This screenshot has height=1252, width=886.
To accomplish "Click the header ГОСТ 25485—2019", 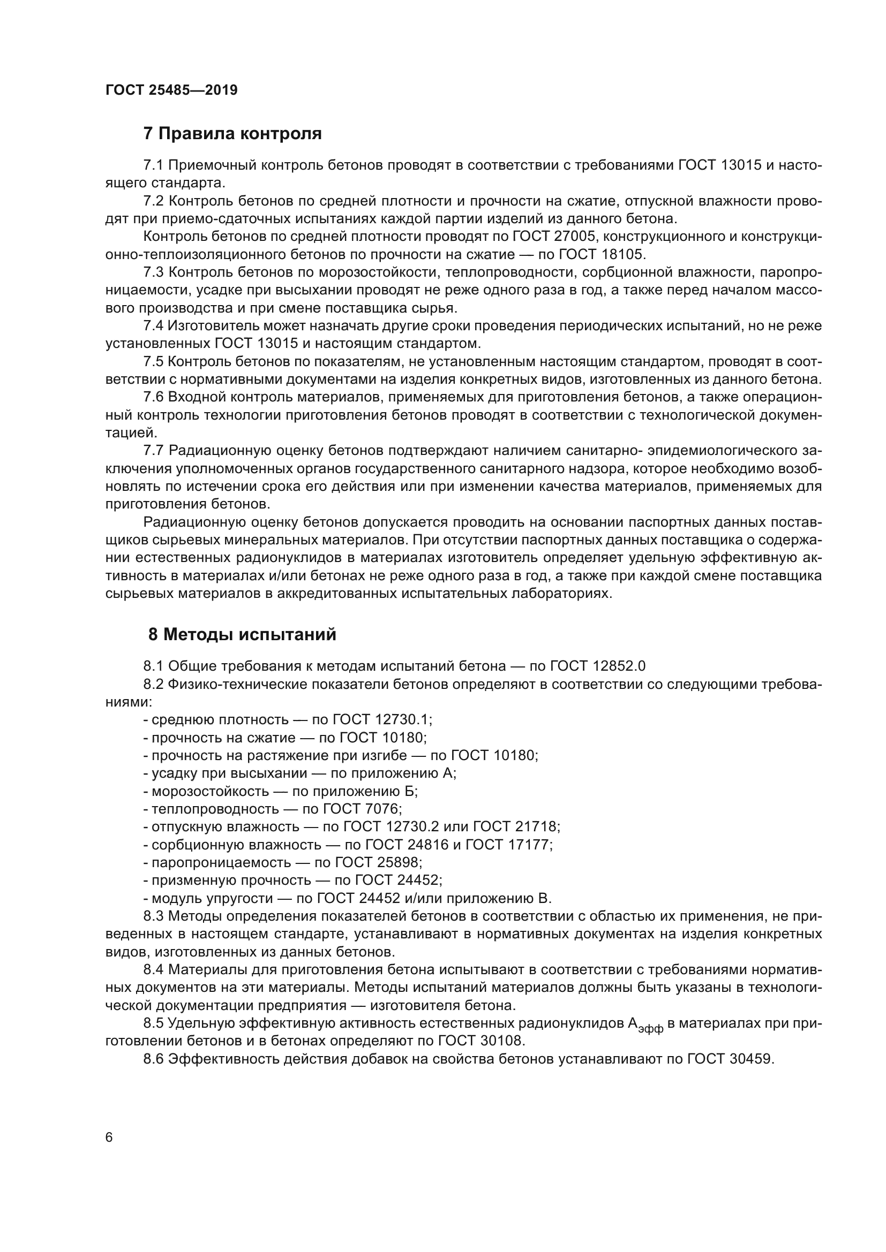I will click(171, 90).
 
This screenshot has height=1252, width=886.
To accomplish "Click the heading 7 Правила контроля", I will click(232, 134).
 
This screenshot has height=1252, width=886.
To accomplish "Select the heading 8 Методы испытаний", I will click(242, 635).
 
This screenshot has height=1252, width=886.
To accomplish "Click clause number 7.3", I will click(153, 272).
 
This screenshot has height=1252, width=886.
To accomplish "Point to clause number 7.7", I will click(153, 450).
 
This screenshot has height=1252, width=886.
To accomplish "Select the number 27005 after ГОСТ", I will click(575, 237).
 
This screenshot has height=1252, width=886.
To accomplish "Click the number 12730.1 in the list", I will click(403, 720).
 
